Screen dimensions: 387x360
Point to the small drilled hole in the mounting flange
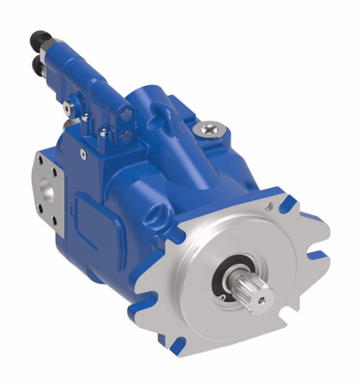tap(269, 209)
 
